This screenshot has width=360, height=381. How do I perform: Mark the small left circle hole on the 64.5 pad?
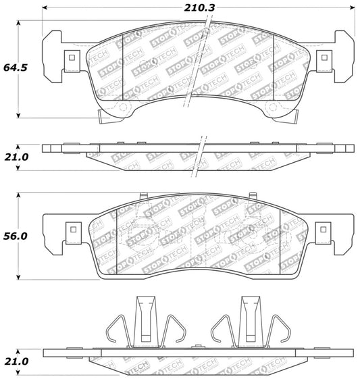[124, 108]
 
